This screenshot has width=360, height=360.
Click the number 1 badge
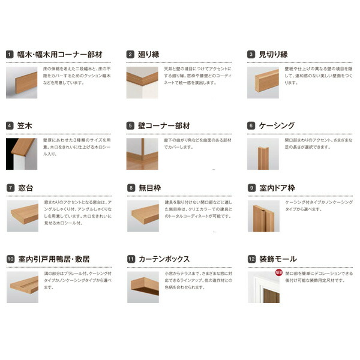click(10, 54)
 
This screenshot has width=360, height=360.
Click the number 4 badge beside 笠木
click(10, 126)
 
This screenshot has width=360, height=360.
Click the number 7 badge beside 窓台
click(10, 188)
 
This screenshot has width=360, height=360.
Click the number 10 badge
click(10, 259)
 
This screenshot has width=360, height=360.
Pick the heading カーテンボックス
click(164, 259)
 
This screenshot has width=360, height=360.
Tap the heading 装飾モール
click(277, 259)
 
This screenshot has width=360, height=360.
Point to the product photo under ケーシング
click(263, 154)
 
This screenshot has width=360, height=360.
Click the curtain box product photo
click(143, 286)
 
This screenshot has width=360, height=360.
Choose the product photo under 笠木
click(22, 154)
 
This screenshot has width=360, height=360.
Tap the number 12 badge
click(251, 259)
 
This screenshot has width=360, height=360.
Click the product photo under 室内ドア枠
click(263, 215)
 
